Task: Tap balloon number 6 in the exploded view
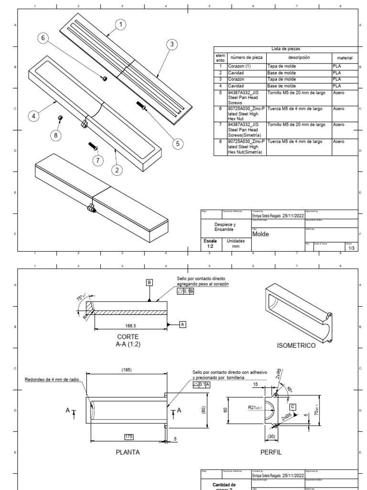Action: pyautogui.click(x=44, y=39)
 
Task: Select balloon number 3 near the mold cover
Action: pyautogui.click(x=172, y=44)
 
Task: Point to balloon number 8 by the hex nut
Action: pyautogui.click(x=56, y=135)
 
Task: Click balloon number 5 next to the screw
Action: pyautogui.click(x=178, y=143)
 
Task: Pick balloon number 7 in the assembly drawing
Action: pyautogui.click(x=98, y=160)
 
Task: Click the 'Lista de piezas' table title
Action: pyautogui.click(x=286, y=49)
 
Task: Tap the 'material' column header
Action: pyautogui.click(x=344, y=57)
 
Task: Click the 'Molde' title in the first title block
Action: pyautogui.click(x=261, y=234)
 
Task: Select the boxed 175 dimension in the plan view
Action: pyautogui.click(x=128, y=436)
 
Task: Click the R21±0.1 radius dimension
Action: pyautogui.click(x=257, y=407)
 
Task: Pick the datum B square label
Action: pyautogui.click(x=150, y=283)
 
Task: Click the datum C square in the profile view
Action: pyautogui.click(x=292, y=407)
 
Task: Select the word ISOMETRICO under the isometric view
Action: pyautogui.click(x=296, y=345)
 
